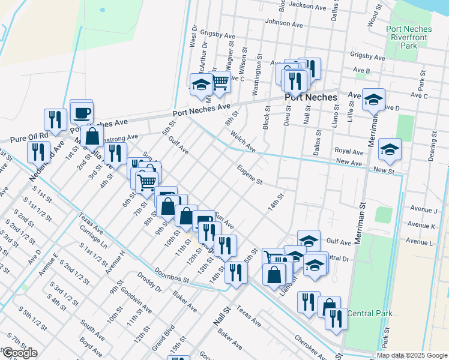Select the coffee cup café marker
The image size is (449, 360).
click(x=82, y=112)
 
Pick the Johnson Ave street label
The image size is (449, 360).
click(x=282, y=23)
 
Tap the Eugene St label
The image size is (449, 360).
click(x=249, y=175)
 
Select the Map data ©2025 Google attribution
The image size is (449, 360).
click(x=412, y=355)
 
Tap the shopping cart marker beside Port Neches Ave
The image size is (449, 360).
click(x=220, y=82)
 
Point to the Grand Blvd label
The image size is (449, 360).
click(x=160, y=338)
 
